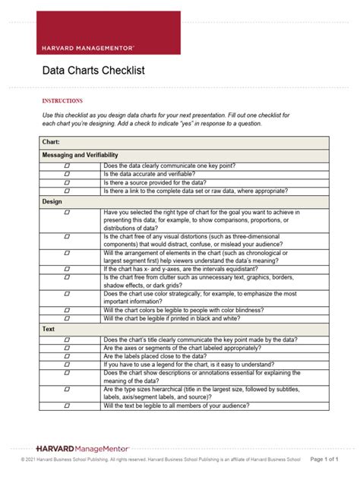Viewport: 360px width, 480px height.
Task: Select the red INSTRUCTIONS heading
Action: pyautogui.click(x=61, y=99)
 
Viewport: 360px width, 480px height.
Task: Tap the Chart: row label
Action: pyautogui.click(x=52, y=141)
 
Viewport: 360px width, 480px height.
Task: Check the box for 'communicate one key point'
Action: pyautogui.click(x=67, y=165)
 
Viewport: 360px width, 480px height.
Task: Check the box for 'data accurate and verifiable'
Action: pyautogui.click(x=67, y=174)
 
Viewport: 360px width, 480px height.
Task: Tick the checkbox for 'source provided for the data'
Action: pyautogui.click(x=67, y=183)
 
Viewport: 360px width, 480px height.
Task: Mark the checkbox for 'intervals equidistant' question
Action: pyautogui.click(x=67, y=269)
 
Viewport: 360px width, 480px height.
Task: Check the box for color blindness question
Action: pyautogui.click(x=67, y=310)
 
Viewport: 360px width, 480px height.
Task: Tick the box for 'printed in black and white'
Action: pyautogui.click(x=67, y=319)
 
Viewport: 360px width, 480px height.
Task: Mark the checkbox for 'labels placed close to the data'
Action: pyautogui.click(x=67, y=356)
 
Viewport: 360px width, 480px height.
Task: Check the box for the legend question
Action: pyautogui.click(x=67, y=365)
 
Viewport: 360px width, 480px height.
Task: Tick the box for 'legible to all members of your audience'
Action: pyautogui.click(x=67, y=406)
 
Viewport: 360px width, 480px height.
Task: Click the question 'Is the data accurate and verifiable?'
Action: pyautogui.click(x=149, y=174)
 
